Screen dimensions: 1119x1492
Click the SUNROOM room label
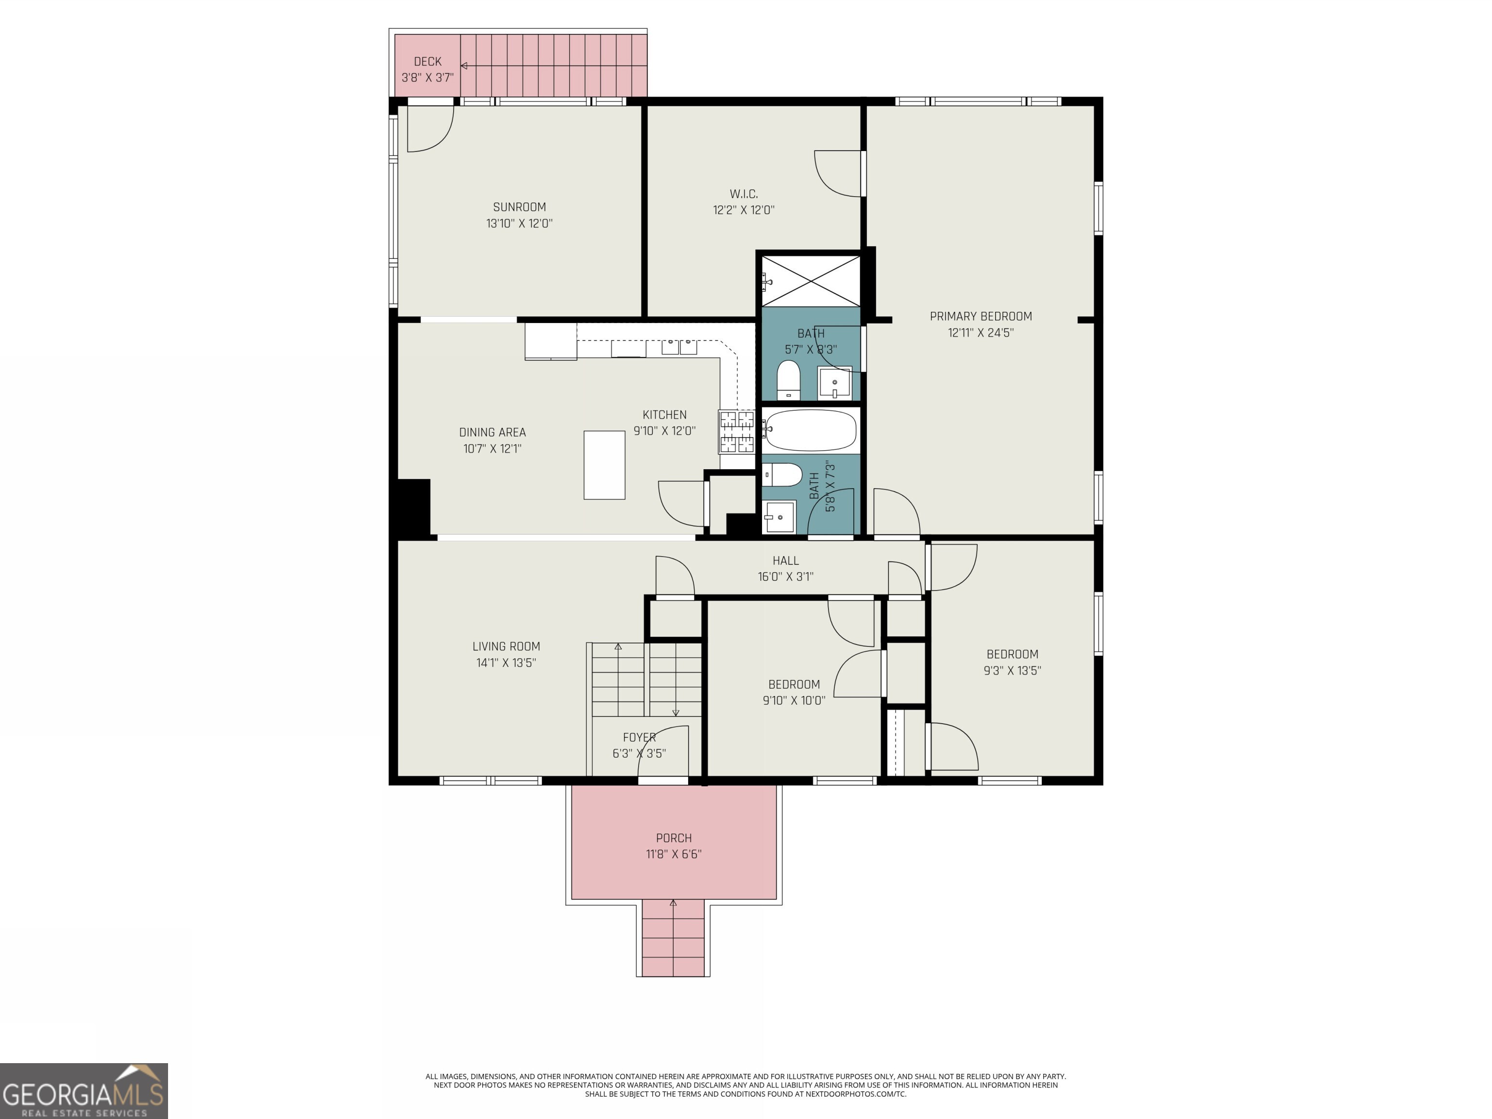tap(519, 207)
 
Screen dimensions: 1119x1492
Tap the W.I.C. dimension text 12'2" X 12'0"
tap(743, 210)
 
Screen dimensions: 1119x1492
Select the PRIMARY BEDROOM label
tap(980, 316)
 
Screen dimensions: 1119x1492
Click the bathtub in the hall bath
tap(811, 430)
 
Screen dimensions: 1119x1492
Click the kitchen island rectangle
tap(604, 465)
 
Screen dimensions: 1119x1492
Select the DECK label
tap(427, 61)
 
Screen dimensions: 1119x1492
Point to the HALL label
tap(785, 560)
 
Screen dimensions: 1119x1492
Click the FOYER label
tap(639, 737)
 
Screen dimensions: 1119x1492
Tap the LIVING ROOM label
tap(506, 646)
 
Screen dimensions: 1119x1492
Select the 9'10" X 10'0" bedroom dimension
tap(793, 701)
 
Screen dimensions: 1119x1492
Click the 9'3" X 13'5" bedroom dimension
tap(1012, 670)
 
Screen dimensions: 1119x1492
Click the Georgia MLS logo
tap(84, 1091)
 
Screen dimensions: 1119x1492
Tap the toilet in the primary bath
tap(788, 380)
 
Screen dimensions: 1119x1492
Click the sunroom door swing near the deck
tap(430, 130)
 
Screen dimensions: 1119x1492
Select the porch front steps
tap(673, 938)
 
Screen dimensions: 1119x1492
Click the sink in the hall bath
tap(779, 517)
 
